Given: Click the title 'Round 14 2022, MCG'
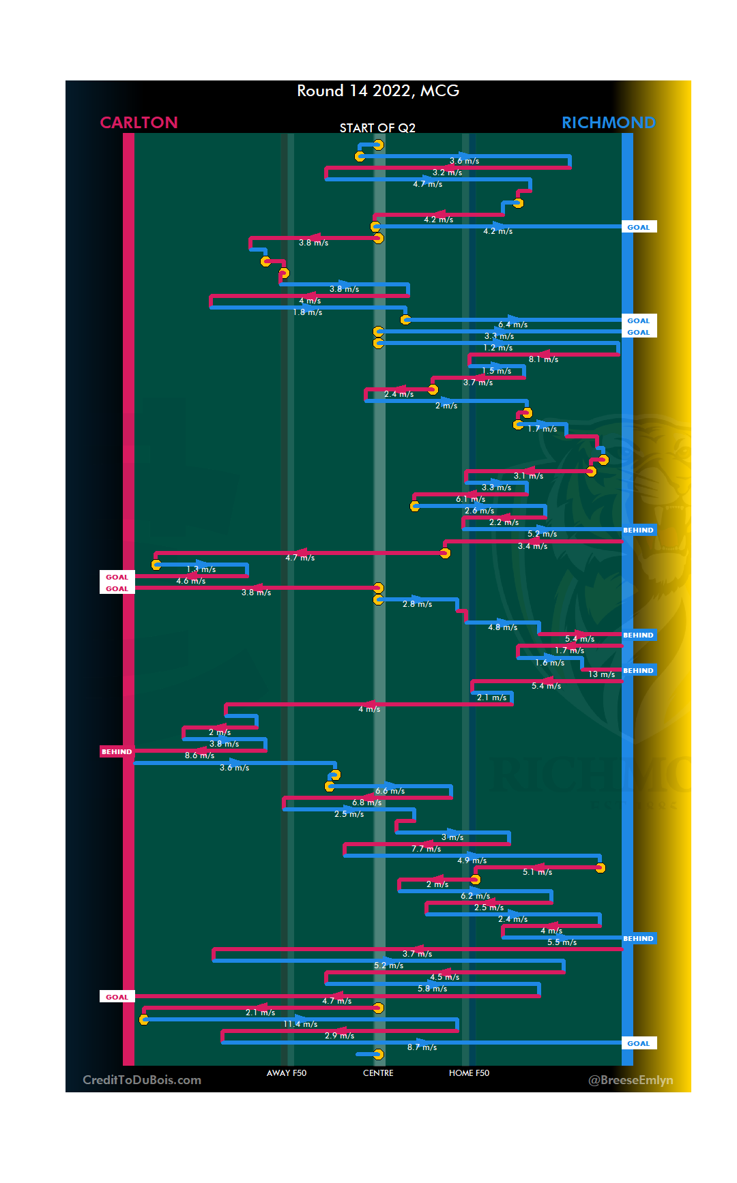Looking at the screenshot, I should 378,91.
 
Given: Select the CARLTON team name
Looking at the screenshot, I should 139,123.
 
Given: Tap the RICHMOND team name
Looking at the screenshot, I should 608,123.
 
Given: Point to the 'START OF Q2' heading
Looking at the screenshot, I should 377,128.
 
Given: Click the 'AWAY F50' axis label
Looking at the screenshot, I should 287,1073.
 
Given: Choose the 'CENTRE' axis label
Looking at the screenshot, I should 378,1073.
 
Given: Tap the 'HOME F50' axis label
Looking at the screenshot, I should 469,1073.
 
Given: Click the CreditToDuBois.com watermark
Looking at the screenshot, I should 142,1080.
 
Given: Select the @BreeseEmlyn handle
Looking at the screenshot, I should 631,1080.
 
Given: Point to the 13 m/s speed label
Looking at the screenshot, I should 601,674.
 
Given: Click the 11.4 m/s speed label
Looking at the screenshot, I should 300,1024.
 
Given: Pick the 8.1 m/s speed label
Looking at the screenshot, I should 543,359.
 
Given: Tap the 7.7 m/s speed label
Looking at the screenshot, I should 426,849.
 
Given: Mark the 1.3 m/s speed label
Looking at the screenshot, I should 201,569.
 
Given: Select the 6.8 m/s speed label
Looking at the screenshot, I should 367,803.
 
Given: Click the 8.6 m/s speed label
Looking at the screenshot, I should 199,755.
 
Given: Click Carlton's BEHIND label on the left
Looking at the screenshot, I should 117,751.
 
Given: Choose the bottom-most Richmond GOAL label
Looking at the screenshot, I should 639,1043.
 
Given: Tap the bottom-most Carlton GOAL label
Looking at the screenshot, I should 117,997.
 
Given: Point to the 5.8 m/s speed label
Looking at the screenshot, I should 433,989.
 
